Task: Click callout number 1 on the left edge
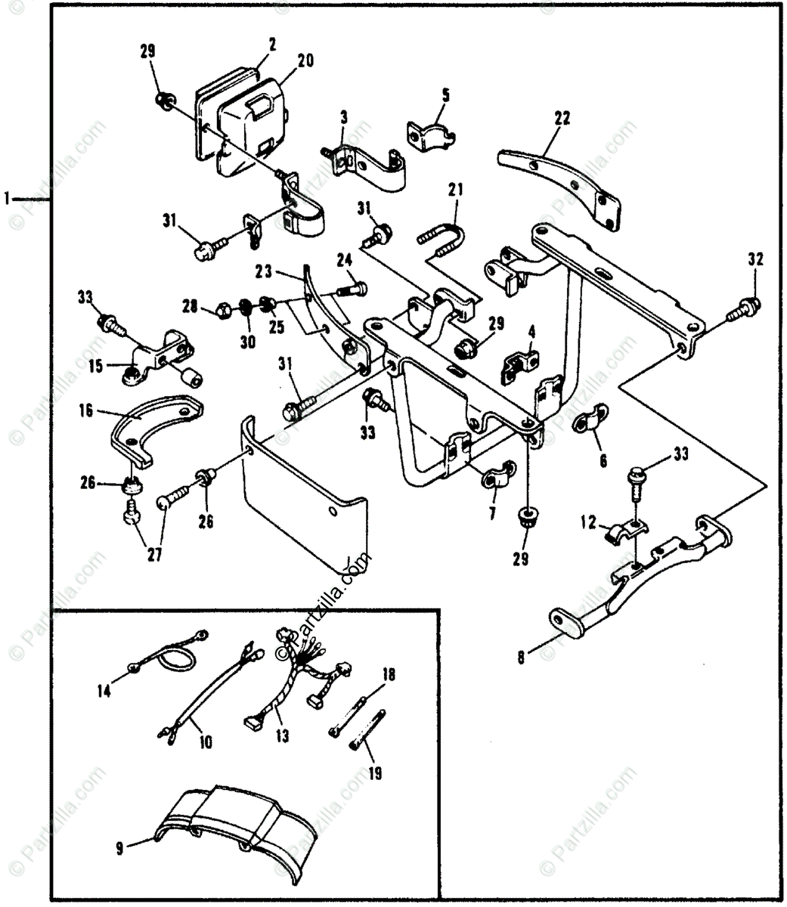(x=7, y=199)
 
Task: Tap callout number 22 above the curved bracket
(x=562, y=118)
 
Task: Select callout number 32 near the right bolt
(x=755, y=260)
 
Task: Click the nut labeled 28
(x=225, y=308)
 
